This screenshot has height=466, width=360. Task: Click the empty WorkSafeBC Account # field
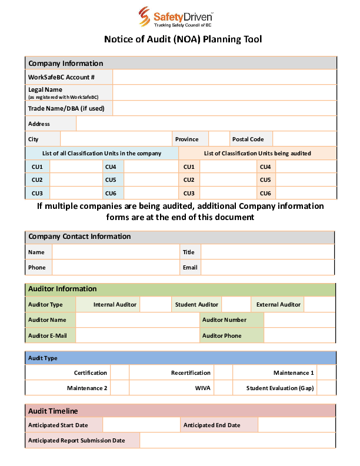tap(224, 77)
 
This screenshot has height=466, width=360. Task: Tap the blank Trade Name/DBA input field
tap(224, 108)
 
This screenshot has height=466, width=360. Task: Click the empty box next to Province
tap(218, 139)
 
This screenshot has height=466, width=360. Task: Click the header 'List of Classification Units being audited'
tap(257, 154)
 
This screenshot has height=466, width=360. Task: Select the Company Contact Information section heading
tap(79, 237)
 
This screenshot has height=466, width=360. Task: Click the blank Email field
tap(268, 267)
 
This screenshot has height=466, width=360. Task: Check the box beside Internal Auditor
tap(155, 305)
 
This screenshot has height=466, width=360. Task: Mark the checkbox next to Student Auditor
tap(236, 305)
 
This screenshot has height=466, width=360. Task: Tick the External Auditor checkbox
tap(319, 305)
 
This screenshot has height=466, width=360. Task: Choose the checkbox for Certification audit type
tap(119, 372)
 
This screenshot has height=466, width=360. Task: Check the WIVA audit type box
tap(223, 388)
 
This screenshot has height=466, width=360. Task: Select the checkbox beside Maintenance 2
tap(119, 388)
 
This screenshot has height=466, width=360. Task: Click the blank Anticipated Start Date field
tap(141, 425)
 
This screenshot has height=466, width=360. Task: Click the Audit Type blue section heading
tap(181, 358)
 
